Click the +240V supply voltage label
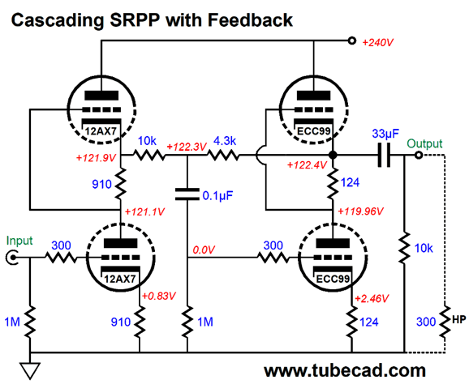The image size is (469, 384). click(377, 43)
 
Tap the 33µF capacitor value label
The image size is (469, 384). click(385, 134)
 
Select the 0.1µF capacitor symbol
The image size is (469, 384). click(187, 194)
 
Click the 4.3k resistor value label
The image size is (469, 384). click(225, 141)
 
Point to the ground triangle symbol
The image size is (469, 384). click(30, 370)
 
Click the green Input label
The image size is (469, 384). click(19, 241)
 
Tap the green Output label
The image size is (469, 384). click(424, 144)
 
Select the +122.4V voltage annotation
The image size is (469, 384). click(307, 164)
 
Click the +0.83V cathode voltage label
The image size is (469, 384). click(158, 297)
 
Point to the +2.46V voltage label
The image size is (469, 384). click(372, 298)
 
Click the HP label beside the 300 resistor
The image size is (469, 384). click(458, 320)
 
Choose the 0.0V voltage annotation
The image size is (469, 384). click(203, 250)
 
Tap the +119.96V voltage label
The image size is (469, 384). click(360, 211)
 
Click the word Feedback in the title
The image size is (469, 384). click(250, 20)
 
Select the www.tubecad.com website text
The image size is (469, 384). click(345, 370)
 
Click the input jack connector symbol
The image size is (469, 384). click(12, 258)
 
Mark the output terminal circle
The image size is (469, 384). click(419, 156)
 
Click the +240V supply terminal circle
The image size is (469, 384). click(352, 41)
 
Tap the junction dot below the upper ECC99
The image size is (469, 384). click(333, 156)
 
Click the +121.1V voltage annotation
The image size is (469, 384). click(144, 212)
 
